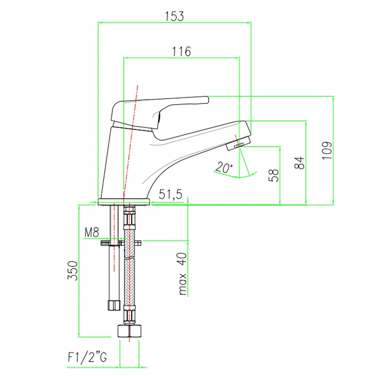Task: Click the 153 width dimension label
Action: coord(174,16)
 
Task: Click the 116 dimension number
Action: coord(181,51)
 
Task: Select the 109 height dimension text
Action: coord(327,150)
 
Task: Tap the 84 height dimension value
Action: coord(299,163)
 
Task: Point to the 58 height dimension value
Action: coord(274,175)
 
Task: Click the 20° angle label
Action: coord(224,167)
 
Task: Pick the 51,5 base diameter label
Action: coord(170,194)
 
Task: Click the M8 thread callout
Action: coord(92,232)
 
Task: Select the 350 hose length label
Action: coord(73,271)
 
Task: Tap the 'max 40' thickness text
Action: coord(183,274)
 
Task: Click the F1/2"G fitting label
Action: coord(87,357)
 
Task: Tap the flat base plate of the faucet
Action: coord(124,202)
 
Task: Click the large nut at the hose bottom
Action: coord(130,331)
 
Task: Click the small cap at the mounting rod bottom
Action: coord(114,305)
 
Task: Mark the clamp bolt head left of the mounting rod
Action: coord(105,243)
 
